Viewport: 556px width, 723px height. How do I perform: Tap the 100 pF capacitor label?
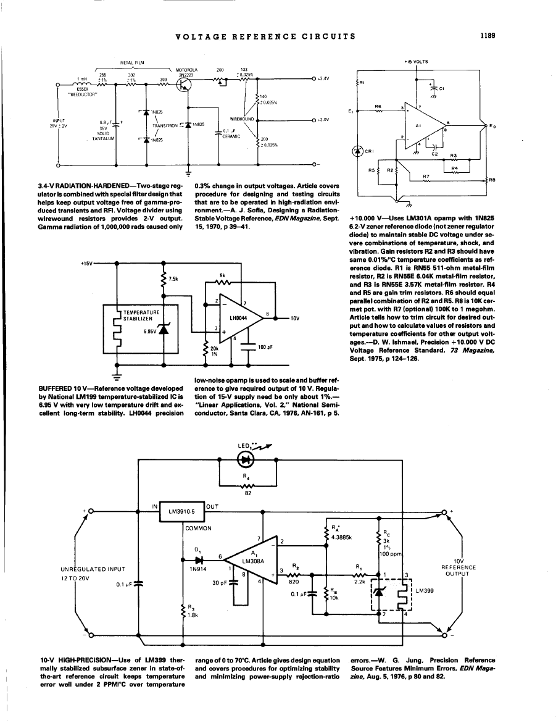[265, 348]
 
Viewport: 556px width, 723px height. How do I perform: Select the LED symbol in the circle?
[247, 460]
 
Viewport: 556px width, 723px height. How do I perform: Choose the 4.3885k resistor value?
[341, 537]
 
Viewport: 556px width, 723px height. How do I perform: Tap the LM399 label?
[424, 591]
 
